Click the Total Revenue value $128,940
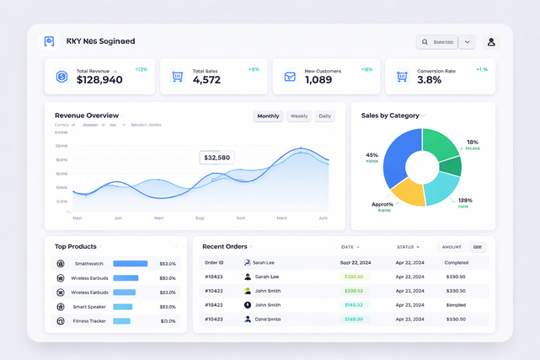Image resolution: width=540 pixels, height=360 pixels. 99,80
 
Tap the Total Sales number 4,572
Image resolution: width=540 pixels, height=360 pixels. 206,80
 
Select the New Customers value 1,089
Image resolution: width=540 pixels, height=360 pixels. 318,80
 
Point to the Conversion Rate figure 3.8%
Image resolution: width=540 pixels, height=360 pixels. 429,80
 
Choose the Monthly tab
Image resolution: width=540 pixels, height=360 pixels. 268,116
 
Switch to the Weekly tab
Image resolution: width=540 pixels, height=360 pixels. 299,116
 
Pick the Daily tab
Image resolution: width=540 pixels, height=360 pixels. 324,116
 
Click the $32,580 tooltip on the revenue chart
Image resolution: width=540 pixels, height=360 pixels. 217,158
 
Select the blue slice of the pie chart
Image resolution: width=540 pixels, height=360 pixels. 401,156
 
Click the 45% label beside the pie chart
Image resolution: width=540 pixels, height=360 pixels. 372,155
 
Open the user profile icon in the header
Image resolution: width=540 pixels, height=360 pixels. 491,42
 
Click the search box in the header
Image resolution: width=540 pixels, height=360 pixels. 437,42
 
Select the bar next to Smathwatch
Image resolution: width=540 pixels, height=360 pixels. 130,264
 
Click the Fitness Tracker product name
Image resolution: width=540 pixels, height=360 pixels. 89,321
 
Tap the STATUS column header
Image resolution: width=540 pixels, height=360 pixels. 408,247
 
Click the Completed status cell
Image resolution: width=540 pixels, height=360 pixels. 456,262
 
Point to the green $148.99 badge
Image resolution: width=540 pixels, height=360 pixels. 354,320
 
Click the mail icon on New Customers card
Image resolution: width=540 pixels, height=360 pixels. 289,77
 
